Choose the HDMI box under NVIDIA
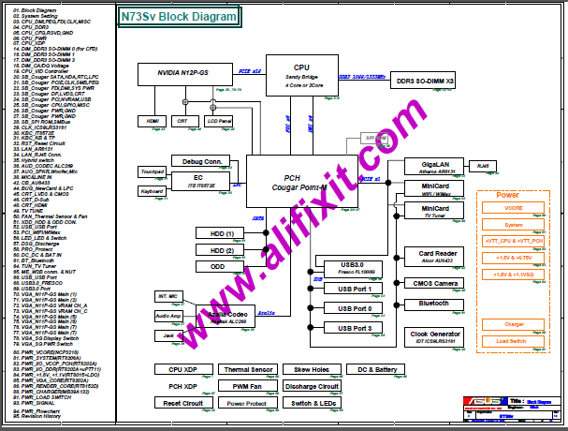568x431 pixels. coord(152,121)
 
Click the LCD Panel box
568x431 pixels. coord(220,121)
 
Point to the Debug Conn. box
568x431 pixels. coord(201,160)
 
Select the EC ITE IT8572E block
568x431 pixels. coord(198,180)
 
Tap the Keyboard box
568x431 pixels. coord(153,191)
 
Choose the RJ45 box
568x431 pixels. coord(483,166)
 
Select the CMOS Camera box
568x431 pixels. coord(435,284)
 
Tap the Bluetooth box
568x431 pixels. coord(435,305)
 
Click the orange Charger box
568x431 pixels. coord(514,324)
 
